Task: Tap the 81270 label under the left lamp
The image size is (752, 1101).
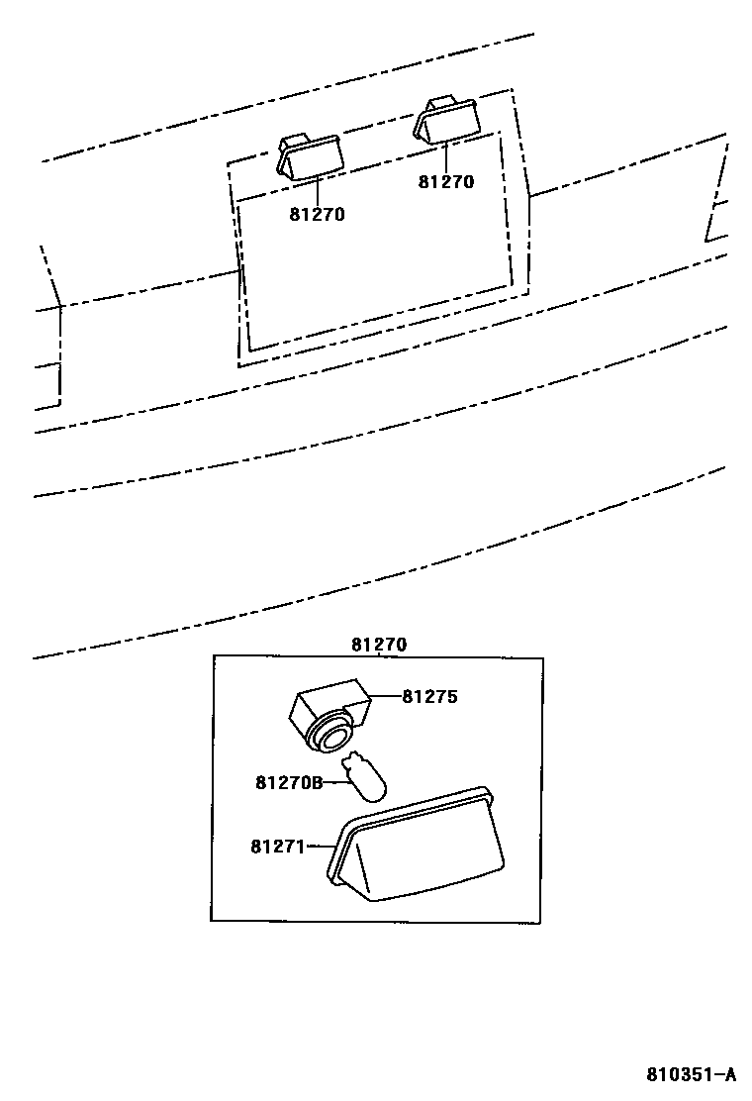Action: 318,214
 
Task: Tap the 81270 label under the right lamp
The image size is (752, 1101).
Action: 446,181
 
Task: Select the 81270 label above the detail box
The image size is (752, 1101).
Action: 379,645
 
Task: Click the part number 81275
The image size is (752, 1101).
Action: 430,696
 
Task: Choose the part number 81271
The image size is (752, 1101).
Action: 278,847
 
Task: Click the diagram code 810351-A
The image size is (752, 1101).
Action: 692,1074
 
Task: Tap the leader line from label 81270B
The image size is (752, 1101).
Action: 334,781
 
